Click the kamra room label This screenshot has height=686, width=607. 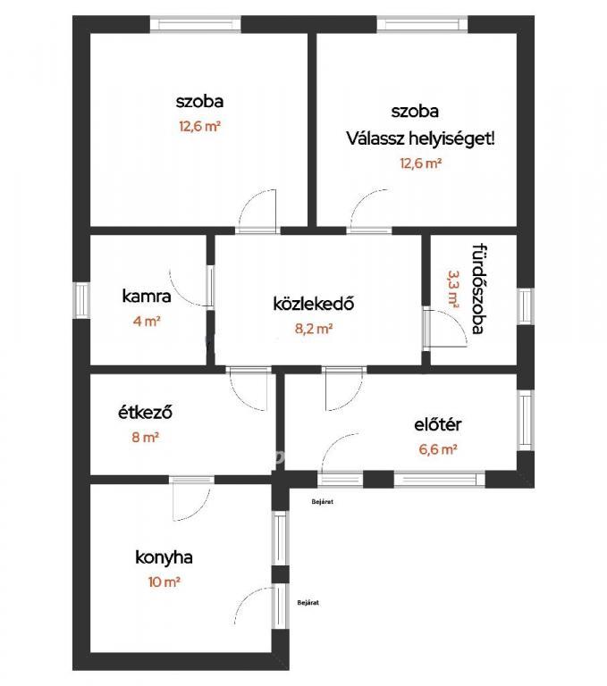coord(147,297)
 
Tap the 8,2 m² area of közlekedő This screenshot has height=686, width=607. coord(314,329)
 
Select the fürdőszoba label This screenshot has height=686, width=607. coord(480,289)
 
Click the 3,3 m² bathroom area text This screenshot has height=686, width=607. coord(453,289)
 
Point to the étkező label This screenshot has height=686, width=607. coord(145,412)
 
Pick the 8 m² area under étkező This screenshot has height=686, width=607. coord(145,437)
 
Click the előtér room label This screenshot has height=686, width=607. coord(437,425)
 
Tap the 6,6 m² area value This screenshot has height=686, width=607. coord(438,449)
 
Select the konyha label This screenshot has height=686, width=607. coord(164,557)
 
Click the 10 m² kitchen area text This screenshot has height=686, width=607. coord(164,582)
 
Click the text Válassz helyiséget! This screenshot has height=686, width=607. coord(420,139)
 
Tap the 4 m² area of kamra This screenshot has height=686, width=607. coord(147,322)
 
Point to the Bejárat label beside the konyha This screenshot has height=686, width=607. coord(308,602)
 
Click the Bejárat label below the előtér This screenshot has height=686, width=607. coord(323,502)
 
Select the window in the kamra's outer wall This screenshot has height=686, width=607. coord(81,300)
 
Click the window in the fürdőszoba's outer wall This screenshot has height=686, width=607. coord(525,306)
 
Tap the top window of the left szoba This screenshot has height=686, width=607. coord(195,24)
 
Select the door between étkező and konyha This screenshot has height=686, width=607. coord(191,498)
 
